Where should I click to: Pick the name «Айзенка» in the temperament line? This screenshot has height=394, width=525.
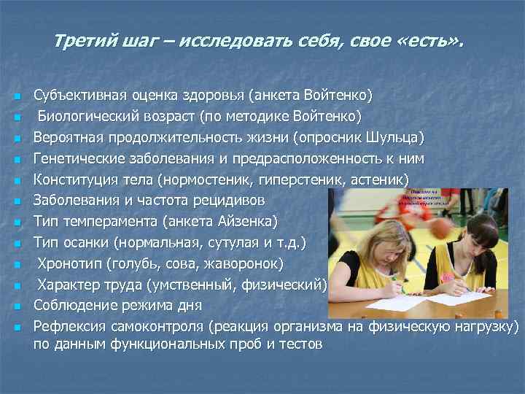(249, 220)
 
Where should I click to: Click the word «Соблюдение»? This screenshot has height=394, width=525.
(73, 304)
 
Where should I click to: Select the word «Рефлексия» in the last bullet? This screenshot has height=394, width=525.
(69, 325)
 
